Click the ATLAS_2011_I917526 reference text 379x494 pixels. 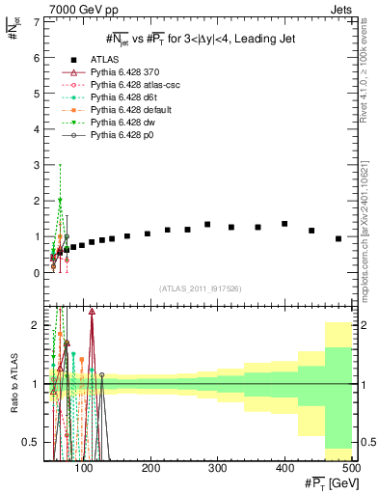click(x=200, y=288)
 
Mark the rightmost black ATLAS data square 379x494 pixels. click(x=338, y=238)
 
